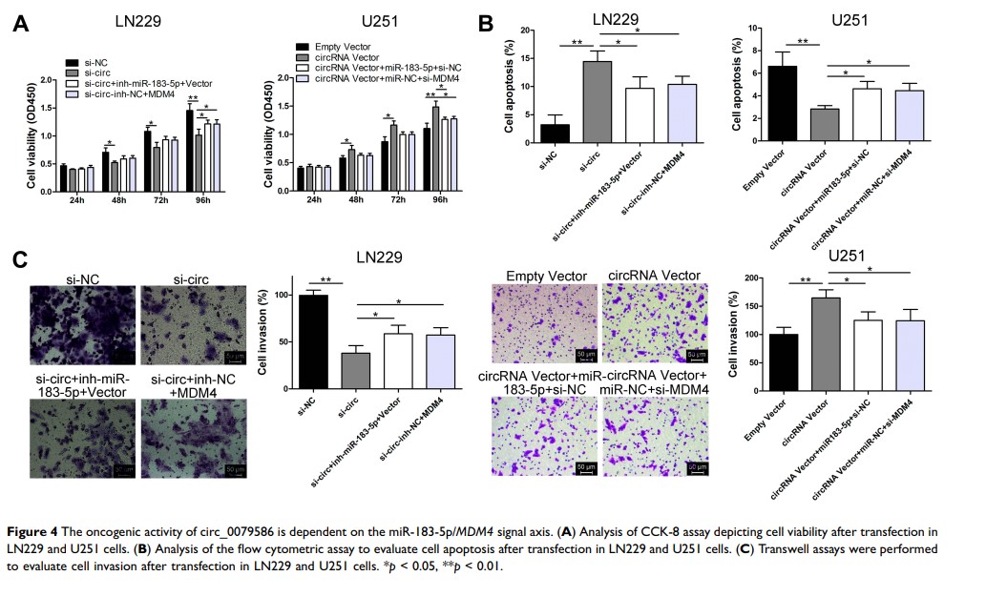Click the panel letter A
click(x=21, y=25)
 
